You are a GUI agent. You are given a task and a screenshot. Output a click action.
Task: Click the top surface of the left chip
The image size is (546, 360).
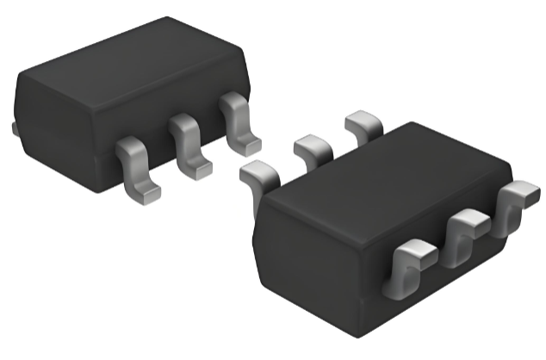point(129,69)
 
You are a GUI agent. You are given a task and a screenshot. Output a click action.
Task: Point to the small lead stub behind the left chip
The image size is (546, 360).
point(16,128)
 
